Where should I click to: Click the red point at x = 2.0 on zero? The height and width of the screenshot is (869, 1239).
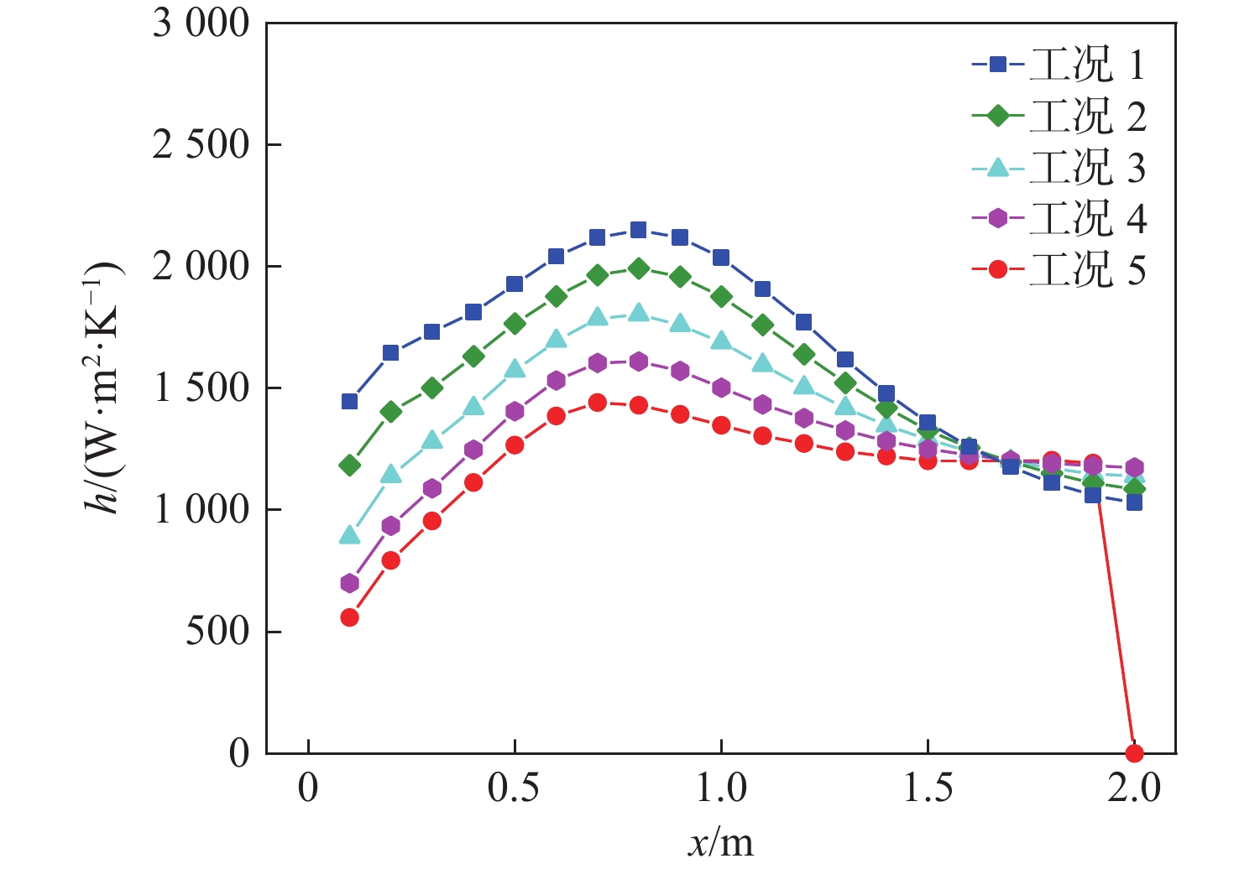1134,752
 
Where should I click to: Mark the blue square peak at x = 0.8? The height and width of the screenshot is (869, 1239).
638,230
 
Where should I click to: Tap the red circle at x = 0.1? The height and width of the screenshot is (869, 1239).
349,617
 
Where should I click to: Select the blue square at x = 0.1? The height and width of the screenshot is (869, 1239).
349,401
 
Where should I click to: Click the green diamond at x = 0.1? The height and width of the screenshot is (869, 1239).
349,465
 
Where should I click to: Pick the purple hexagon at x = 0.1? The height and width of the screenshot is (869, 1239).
349,583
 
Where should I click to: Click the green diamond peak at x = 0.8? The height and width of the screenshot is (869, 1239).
638,268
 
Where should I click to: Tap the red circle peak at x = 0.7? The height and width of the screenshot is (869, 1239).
597,403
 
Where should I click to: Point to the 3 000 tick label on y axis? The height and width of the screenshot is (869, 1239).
201,23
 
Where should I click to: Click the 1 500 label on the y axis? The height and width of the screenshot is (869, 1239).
201,388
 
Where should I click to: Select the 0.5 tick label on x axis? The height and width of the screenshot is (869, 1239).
514,789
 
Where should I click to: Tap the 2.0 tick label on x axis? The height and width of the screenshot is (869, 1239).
1134,789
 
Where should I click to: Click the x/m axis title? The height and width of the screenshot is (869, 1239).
720,842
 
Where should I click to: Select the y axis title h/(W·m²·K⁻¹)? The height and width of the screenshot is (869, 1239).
104,388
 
